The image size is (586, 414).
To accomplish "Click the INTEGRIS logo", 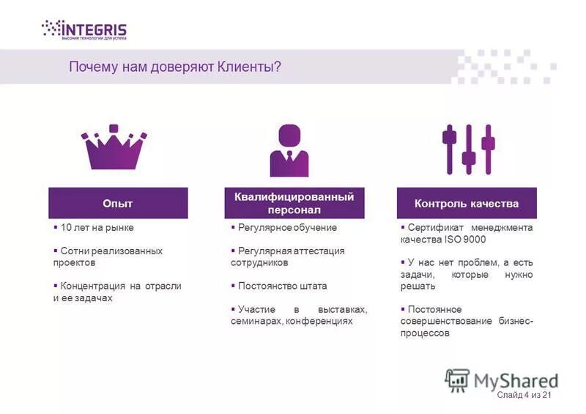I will (x=84, y=30).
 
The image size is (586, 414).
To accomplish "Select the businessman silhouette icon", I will (x=290, y=150).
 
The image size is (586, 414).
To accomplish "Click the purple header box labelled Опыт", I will (x=118, y=203).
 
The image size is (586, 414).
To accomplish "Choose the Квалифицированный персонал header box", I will (x=294, y=203).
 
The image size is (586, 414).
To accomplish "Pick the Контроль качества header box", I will (x=467, y=203).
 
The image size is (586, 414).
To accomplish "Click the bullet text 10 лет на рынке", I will (x=97, y=228).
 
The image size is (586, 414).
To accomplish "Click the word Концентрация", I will (x=94, y=286).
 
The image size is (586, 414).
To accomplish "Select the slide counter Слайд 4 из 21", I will (x=524, y=396).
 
